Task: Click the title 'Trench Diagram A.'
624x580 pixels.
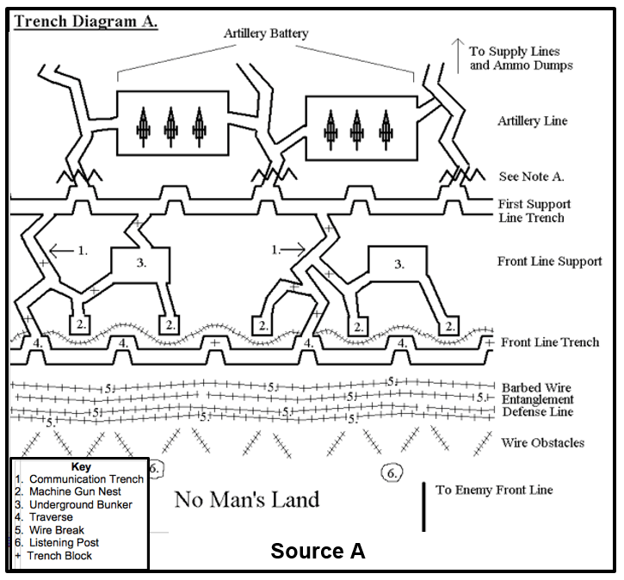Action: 84,21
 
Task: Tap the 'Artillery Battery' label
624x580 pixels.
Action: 266,34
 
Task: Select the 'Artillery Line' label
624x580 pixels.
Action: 533,121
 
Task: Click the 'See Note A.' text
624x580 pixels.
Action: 531,176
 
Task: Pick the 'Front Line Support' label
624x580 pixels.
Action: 549,261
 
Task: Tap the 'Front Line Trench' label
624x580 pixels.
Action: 549,342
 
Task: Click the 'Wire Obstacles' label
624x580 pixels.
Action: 542,443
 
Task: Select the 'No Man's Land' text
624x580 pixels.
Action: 247,499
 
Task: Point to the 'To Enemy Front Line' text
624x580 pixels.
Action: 494,491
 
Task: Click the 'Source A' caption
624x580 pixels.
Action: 318,551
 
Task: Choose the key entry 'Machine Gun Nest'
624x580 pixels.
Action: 78,491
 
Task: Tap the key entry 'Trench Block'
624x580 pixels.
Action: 59,556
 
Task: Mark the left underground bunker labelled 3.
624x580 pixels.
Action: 142,264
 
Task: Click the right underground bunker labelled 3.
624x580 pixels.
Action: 398,264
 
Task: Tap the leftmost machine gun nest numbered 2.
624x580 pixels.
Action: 79,324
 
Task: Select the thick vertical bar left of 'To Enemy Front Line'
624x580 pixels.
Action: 423,506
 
